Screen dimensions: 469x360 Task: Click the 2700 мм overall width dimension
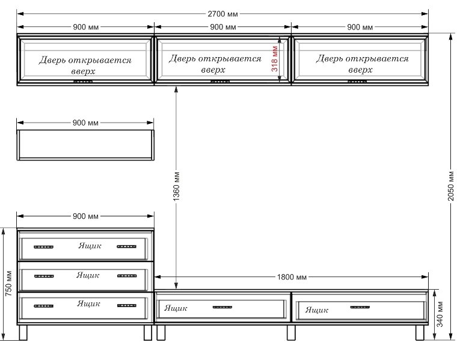click(x=222, y=14)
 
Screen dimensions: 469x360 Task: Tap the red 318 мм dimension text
click(x=275, y=59)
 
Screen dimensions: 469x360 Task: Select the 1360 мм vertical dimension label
click(x=176, y=186)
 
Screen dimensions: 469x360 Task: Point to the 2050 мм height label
click(x=451, y=186)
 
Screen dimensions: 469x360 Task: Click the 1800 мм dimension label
click(x=292, y=277)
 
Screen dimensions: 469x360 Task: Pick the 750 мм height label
click(x=8, y=284)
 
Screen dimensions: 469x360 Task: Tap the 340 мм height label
click(x=440, y=314)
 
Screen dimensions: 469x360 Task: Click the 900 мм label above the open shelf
click(x=85, y=123)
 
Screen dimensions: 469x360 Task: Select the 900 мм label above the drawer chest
click(x=85, y=216)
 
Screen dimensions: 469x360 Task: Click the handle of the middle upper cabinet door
click(x=220, y=81)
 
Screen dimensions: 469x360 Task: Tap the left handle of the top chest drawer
click(x=43, y=247)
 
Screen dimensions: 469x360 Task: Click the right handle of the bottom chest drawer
click(x=126, y=305)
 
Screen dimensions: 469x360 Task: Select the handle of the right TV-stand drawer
click(x=360, y=307)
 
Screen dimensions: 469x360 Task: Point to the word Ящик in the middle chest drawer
click(x=88, y=275)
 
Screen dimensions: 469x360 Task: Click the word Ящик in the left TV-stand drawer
click(x=176, y=308)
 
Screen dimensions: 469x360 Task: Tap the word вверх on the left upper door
click(x=83, y=72)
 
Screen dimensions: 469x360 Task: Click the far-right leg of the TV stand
click(x=420, y=332)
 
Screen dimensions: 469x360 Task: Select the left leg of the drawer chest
click(x=23, y=332)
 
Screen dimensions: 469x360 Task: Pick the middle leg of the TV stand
click(x=291, y=332)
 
